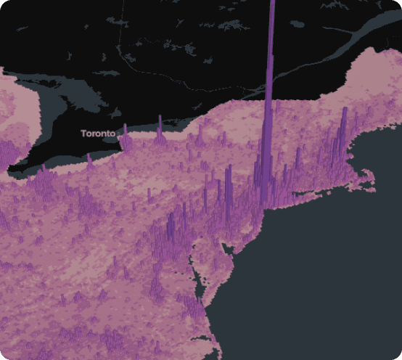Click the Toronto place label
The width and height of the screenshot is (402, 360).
pos(98,134)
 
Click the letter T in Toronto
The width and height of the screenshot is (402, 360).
pos(83,134)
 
